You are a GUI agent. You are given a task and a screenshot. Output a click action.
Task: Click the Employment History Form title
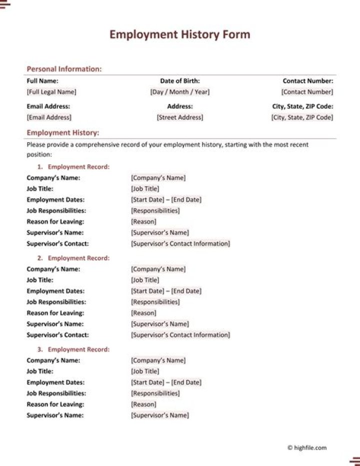pos(180,35)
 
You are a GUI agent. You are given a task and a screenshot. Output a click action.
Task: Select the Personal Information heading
pos(64,69)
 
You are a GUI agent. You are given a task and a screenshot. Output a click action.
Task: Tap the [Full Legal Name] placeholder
pos(51,92)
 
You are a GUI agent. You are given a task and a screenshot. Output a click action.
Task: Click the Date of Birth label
pos(180,81)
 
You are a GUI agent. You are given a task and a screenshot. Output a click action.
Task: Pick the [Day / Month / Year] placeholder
pos(180,92)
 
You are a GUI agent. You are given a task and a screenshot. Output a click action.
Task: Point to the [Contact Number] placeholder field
pos(307,92)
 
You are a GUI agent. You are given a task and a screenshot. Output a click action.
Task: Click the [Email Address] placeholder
pos(49,118)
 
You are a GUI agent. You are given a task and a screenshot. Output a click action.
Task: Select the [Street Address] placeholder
pos(180,118)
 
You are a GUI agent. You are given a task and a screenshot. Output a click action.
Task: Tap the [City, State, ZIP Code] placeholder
pos(302,118)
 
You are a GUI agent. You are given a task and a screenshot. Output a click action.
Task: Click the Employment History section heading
pos(63,133)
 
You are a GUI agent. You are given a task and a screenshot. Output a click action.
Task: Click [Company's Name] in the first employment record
pos(158,178)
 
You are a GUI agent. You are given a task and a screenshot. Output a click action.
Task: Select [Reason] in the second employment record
pos(143,313)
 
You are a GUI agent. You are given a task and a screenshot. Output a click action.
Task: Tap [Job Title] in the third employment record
pos(145,371)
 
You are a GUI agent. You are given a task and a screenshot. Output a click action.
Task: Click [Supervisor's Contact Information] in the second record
pos(180,335)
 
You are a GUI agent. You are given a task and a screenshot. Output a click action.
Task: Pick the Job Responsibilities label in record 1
pos(56,211)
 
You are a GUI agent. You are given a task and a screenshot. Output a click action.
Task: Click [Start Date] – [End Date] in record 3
pos(166,382)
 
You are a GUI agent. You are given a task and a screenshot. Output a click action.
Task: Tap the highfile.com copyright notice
pos(307,448)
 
